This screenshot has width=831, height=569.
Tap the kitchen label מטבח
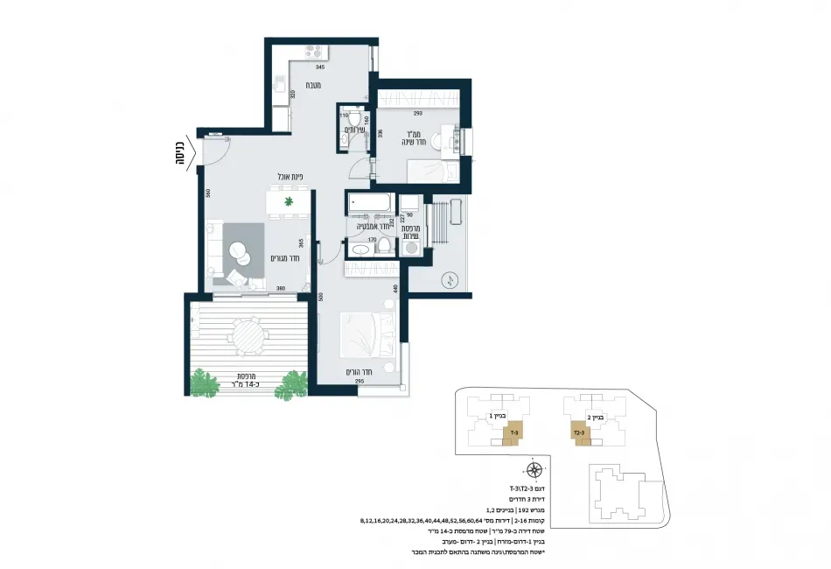click(311, 85)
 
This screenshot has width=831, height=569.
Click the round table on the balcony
click(248, 334)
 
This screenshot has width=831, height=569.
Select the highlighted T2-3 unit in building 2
click(581, 432)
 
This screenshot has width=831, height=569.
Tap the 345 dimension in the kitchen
click(320, 67)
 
